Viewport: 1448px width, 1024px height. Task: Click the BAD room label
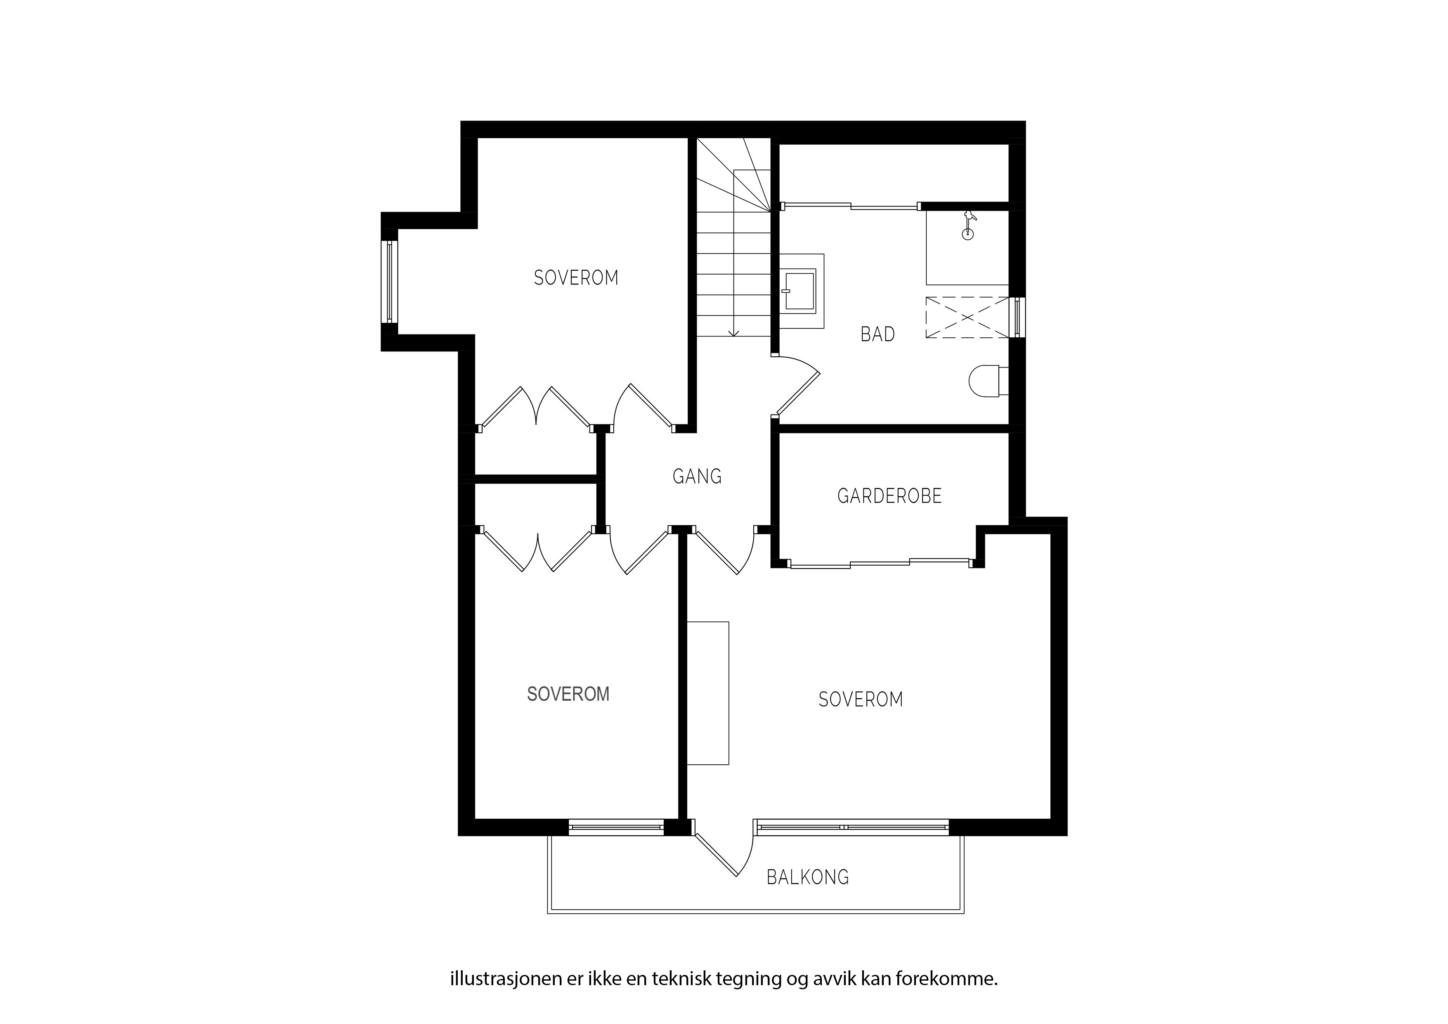[877, 334]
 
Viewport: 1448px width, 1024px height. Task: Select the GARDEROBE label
[889, 496]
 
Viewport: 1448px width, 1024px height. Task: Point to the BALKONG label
[807, 877]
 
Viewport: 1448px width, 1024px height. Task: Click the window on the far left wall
[391, 282]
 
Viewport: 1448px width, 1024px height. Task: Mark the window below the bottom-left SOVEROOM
[616, 827]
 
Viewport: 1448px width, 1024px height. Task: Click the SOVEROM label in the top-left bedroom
[576, 277]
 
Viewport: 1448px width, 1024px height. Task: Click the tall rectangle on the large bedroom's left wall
[707, 693]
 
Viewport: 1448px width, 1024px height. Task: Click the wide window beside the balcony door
[852, 827]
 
